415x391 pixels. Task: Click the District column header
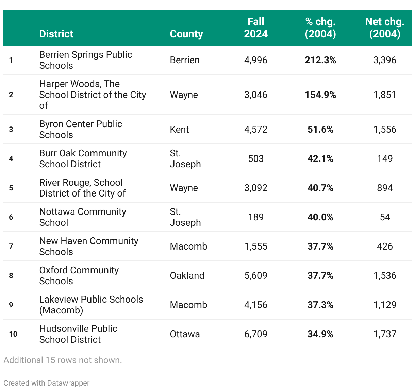click(56, 34)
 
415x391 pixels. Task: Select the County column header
click(186, 34)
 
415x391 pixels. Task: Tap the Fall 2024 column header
click(256, 28)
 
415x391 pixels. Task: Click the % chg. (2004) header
click(320, 28)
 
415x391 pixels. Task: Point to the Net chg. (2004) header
click(385, 28)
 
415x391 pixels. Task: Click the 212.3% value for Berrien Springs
click(320, 60)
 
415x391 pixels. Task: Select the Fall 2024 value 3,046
click(256, 95)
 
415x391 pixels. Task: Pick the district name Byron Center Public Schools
click(81, 129)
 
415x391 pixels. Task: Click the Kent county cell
click(179, 129)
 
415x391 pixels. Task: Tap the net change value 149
click(385, 158)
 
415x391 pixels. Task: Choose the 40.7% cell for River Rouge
click(320, 188)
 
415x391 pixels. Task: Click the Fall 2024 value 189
click(256, 217)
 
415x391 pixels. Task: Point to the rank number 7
click(11, 246)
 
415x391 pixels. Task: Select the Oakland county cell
click(187, 275)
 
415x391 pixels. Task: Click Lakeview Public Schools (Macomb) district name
click(91, 305)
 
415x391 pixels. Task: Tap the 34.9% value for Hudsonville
click(320, 334)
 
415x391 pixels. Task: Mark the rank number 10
click(13, 334)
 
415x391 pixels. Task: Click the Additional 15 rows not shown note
click(63, 360)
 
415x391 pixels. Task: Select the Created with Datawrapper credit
click(46, 383)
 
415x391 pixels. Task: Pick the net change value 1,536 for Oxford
click(385, 275)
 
